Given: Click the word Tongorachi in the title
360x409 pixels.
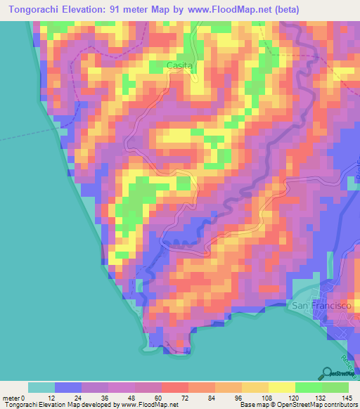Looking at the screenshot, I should coord(32,10).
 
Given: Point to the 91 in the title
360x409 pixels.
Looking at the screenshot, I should coord(117,10).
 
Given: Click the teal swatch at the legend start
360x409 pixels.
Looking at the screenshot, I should coord(41,387).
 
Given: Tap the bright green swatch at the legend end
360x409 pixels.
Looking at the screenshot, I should coord(335,387).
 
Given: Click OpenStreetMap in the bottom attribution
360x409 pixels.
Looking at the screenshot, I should coord(289,405).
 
